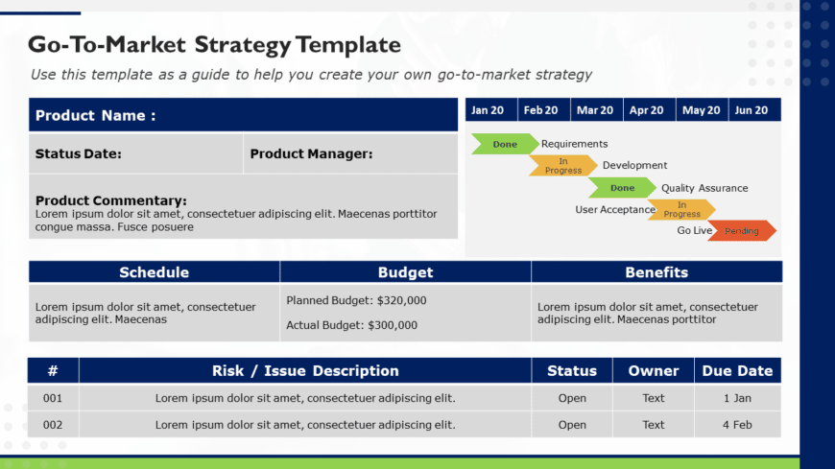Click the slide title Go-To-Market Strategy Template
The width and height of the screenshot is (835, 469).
214,44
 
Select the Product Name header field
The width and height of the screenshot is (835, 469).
96,116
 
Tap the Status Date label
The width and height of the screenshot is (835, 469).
79,153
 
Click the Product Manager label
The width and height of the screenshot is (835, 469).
311,153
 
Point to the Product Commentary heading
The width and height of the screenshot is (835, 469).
111,200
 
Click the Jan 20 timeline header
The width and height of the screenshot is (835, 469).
488,110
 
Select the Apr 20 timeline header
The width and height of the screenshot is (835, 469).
646,110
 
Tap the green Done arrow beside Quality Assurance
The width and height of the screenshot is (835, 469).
622,188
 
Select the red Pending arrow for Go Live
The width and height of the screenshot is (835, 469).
742,231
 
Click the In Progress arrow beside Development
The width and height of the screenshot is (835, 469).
563,166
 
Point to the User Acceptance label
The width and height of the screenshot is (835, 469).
615,209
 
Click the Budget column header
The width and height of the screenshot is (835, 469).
405,272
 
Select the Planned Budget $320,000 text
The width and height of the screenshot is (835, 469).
356,300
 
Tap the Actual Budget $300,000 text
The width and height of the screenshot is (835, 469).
351,325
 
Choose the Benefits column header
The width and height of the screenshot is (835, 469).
656,272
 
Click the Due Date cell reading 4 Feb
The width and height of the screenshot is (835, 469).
737,424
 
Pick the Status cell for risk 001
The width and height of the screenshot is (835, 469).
572,398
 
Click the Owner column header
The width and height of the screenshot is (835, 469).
654,371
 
